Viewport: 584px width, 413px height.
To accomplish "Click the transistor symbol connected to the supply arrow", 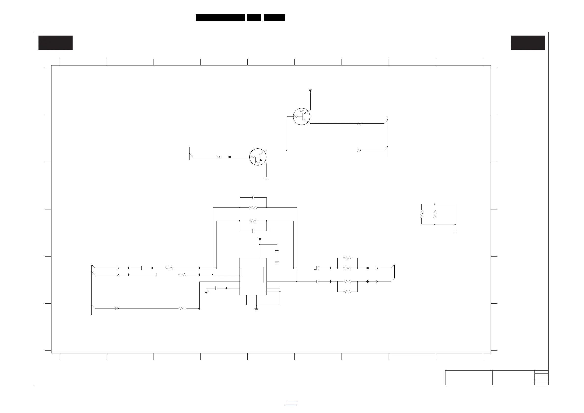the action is pos(301,116).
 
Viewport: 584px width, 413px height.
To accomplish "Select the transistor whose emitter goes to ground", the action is pos(258,157).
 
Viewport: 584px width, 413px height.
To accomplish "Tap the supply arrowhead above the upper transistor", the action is pos(310,91).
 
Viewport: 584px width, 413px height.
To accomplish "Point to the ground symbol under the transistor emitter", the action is pos(267,178).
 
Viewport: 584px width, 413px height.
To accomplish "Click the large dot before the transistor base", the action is pos(229,157).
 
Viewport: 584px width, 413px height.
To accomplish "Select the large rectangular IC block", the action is pos(253,276).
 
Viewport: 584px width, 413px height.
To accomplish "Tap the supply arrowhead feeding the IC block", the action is pos(260,239).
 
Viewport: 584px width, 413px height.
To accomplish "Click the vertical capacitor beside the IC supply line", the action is pos(277,251).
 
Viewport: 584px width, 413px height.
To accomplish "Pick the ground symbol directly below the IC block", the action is pos(256,309).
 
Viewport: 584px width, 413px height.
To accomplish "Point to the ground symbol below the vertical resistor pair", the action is pos(455,232).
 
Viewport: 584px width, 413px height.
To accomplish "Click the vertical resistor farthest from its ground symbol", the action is pos(421,214).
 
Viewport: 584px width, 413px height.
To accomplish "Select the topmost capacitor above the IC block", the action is pos(253,197).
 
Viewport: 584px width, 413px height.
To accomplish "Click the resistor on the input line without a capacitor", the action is pos(182,309).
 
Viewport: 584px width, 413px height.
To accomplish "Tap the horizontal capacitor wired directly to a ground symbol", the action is pos(216,288).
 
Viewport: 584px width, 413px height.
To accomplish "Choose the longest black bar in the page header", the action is pos(220,17).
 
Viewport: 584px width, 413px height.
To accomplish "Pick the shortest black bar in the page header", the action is pos(254,17).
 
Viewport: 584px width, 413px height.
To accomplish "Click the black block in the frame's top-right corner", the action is pos(528,42).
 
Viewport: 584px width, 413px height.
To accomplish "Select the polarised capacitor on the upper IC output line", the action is pos(317,268).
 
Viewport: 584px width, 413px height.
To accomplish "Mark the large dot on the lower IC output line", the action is pos(368,282).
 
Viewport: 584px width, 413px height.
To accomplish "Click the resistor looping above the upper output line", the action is pos(347,258).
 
